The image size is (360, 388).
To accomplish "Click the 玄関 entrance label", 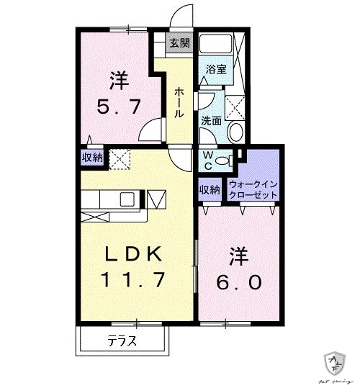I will tap(179, 43).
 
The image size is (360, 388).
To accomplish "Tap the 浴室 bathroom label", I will tap(216, 70).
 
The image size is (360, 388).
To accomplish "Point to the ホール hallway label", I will tap(178, 104).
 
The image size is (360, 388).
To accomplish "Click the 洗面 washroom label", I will tap(211, 122).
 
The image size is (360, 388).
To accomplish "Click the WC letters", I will tap(206, 160).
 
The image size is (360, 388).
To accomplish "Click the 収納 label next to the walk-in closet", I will tap(210, 190).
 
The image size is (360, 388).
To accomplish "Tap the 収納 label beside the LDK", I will tap(91, 157).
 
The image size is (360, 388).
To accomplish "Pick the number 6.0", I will tap(235, 282).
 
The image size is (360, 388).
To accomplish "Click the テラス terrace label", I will tap(122, 341).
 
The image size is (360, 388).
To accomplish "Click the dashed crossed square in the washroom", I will tap(235, 107).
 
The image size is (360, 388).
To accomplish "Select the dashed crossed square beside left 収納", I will tap(118, 157).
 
